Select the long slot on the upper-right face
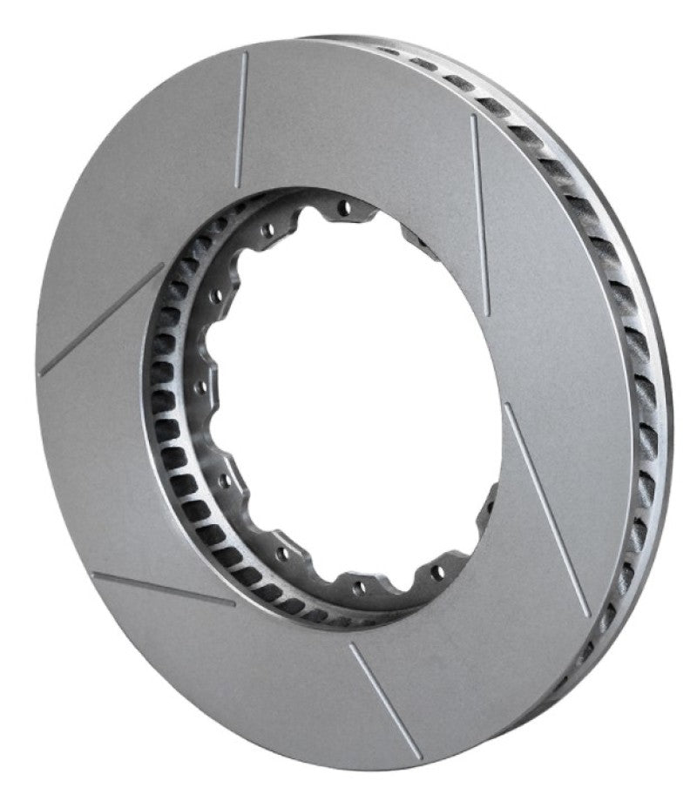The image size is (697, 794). click(x=480, y=213)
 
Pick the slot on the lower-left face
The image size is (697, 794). click(x=162, y=589)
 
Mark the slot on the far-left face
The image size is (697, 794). click(x=102, y=320)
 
